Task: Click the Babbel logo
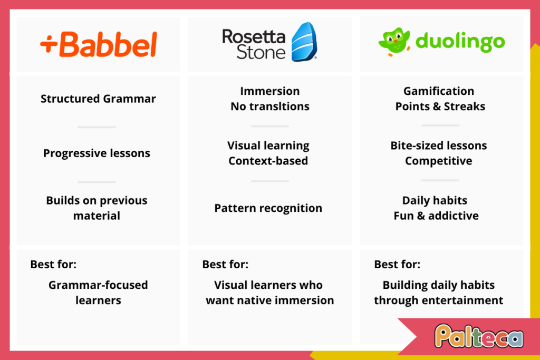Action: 99,45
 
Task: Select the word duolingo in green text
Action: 460,42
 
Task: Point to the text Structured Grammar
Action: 98,99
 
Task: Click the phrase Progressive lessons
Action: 97,153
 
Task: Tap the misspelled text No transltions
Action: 270,106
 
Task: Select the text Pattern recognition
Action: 268,208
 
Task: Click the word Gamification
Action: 439,91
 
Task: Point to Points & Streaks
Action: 440,106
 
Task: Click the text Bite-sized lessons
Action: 439,145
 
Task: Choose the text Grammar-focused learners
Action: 98,293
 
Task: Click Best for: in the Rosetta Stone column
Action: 225,264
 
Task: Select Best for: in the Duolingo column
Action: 397,264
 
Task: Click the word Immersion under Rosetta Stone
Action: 269,91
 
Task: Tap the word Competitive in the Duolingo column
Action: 438,161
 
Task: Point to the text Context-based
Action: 268,161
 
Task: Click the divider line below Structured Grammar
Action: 97,127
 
